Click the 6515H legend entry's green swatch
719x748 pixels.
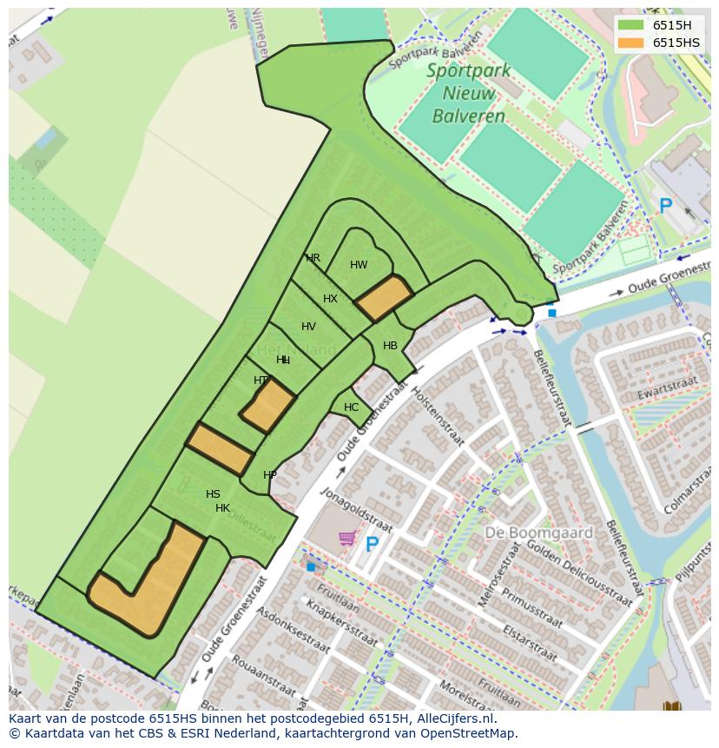coord(631,24)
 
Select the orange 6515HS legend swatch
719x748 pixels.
coord(631,43)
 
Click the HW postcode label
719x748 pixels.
coord(359,265)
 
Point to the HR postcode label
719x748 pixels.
coord(313,258)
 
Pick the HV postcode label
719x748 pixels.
coord(308,327)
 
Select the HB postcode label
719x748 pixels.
coord(390,346)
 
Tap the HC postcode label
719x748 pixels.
coord(351,407)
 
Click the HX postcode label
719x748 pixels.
coord(330,299)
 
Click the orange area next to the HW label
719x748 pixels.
coord(383,298)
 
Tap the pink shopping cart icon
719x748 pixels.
coord(347,539)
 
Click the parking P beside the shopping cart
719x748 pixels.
coord(372,545)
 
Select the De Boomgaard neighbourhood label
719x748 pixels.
coord(538,533)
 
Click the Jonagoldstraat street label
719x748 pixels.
coord(357,511)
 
